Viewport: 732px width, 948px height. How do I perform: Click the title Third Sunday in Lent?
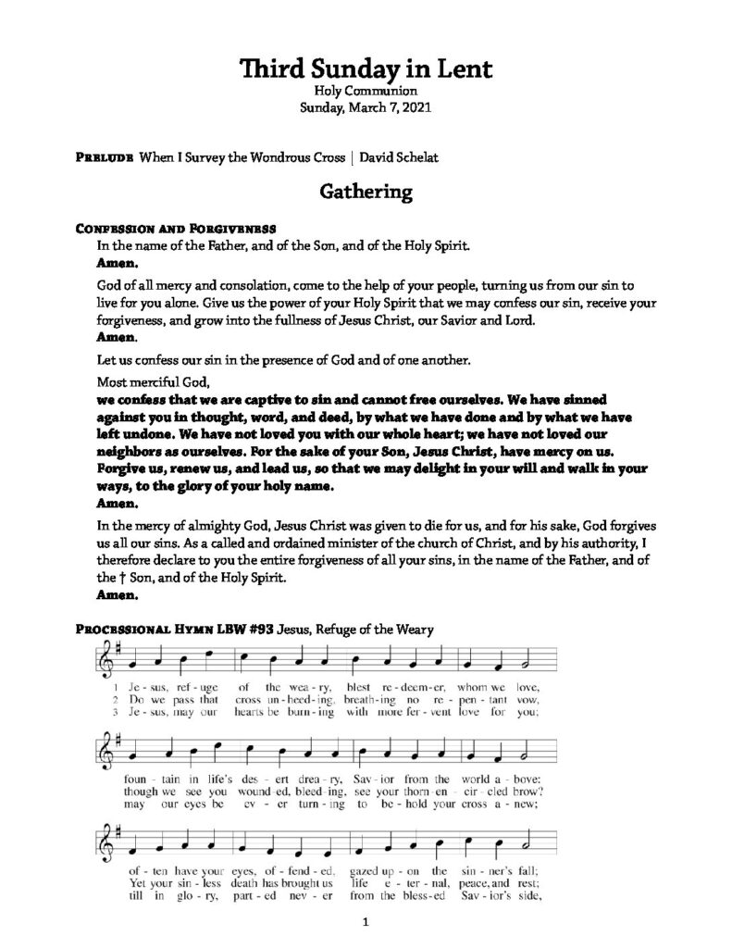coord(366,68)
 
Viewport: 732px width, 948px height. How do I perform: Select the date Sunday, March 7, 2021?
coord(366,107)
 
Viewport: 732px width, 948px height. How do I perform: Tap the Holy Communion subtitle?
coord(366,91)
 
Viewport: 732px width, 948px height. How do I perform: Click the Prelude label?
coord(103,157)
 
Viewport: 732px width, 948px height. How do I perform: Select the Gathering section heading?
coord(366,192)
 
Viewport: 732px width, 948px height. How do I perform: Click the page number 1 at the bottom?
coord(366,922)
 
